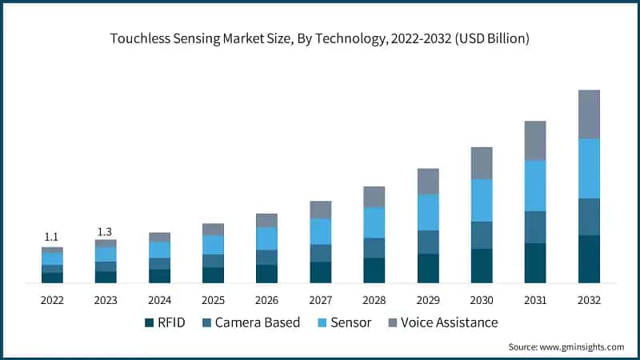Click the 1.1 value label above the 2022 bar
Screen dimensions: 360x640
[x=52, y=237]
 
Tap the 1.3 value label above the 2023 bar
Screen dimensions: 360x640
[x=106, y=232]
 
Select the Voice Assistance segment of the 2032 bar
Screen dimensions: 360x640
[x=589, y=114]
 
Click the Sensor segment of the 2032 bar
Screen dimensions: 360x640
[x=589, y=168]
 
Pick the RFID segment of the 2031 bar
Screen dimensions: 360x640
[x=535, y=262]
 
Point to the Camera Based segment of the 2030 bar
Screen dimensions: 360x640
[x=482, y=235]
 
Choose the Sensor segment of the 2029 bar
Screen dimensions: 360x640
[x=428, y=212]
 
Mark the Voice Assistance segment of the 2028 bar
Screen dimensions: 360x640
[x=374, y=197]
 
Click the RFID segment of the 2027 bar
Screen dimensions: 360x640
[x=321, y=272]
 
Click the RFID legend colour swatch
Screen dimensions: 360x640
[x=148, y=322]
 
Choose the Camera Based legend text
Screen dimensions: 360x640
[x=256, y=322]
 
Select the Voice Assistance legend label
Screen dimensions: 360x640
[x=449, y=322]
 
